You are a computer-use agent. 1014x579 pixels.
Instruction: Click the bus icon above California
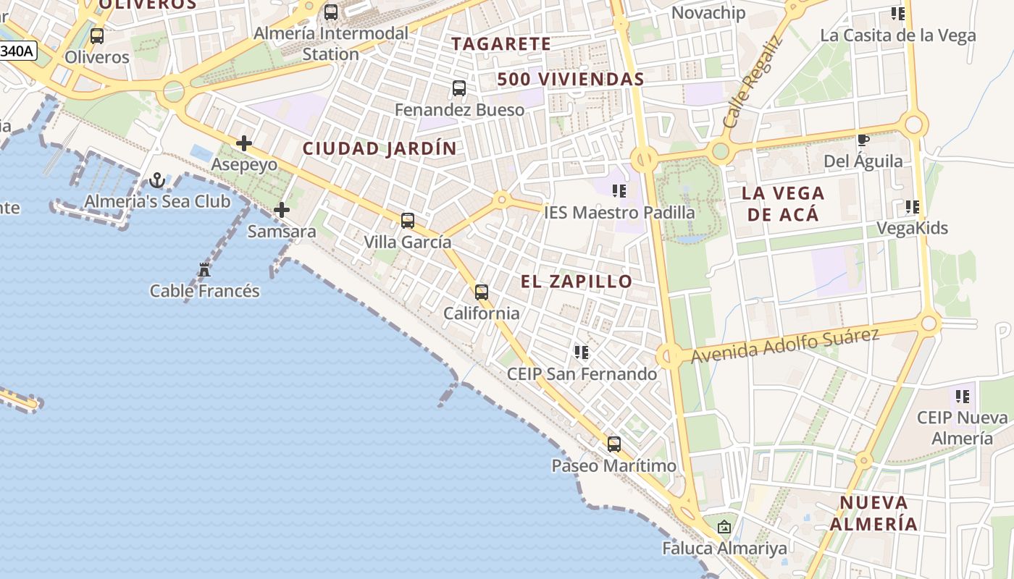[x=482, y=292]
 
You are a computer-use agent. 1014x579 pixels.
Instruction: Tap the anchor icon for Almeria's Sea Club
[x=157, y=180]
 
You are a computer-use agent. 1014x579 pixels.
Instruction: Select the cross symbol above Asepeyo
[x=244, y=143]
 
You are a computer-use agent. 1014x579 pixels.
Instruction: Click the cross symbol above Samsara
[x=282, y=210]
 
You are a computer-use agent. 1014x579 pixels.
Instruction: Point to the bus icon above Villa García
[x=408, y=221]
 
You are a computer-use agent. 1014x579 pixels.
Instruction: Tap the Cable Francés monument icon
[x=204, y=270]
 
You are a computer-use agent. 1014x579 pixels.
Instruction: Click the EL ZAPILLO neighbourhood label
[x=577, y=282]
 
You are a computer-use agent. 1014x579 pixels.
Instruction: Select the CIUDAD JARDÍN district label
[x=380, y=149]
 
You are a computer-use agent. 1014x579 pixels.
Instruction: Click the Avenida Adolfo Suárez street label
[x=784, y=346]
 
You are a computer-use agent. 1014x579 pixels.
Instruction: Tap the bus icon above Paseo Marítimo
[x=614, y=444]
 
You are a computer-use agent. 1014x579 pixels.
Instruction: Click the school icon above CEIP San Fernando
[x=581, y=352]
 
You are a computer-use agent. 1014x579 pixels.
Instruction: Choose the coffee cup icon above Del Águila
[x=863, y=140]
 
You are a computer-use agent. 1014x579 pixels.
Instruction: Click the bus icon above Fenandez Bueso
[x=459, y=88]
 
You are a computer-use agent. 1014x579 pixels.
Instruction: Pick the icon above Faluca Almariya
[x=724, y=527]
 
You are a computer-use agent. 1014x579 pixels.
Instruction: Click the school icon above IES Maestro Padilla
[x=619, y=191]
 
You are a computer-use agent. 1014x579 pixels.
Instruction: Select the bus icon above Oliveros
[x=97, y=35]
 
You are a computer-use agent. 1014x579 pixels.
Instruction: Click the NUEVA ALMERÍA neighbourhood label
[x=873, y=513]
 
